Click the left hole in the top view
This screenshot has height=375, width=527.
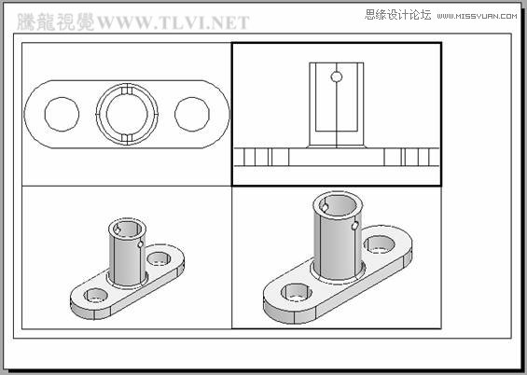62,114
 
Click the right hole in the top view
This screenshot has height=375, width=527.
193,114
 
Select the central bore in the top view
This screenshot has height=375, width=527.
127,114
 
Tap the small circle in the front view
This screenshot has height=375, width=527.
337,76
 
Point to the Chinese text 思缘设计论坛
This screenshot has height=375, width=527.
397,14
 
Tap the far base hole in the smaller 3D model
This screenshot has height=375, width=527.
159,257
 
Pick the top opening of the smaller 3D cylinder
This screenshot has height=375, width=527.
127,228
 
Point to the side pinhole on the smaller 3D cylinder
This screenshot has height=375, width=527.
141,245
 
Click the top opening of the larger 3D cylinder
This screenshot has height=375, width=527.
334,202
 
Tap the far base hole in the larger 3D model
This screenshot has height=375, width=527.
379,244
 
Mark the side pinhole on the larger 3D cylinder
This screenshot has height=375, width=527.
355,225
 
